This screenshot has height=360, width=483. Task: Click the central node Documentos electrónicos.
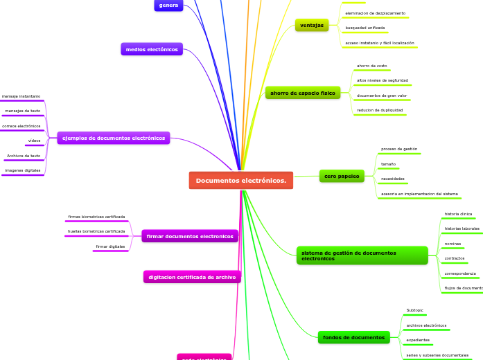240,181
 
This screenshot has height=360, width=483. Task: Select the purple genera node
168,5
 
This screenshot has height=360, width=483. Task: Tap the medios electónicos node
152,49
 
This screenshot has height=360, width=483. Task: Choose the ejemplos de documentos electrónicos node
114,138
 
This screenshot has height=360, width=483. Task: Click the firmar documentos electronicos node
190,236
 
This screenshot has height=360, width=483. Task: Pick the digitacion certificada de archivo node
192,277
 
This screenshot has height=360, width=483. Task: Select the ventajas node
312,25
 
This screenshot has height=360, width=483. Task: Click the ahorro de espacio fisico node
302,93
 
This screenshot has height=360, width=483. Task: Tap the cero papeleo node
342,176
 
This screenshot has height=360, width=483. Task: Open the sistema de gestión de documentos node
362,255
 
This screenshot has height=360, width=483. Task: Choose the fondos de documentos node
353,338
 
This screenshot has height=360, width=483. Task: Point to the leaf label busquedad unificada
365,28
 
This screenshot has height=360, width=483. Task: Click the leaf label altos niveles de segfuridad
382,80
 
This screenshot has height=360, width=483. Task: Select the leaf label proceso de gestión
399,149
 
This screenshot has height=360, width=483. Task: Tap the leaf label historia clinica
458,214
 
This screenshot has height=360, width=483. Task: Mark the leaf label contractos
455,258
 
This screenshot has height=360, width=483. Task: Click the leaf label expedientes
418,340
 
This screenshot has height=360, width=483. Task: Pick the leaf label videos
34,141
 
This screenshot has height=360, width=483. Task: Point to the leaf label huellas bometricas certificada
96,231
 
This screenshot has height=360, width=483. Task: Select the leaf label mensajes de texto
23,111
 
